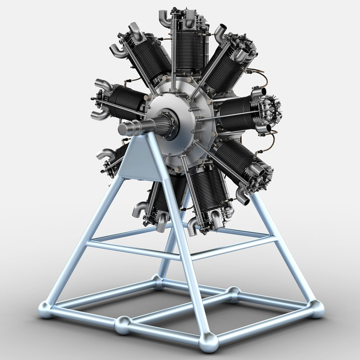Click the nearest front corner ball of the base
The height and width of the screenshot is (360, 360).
point(208,342)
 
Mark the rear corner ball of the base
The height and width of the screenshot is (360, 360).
point(158,282)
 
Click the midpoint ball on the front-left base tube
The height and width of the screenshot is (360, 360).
point(123,324)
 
